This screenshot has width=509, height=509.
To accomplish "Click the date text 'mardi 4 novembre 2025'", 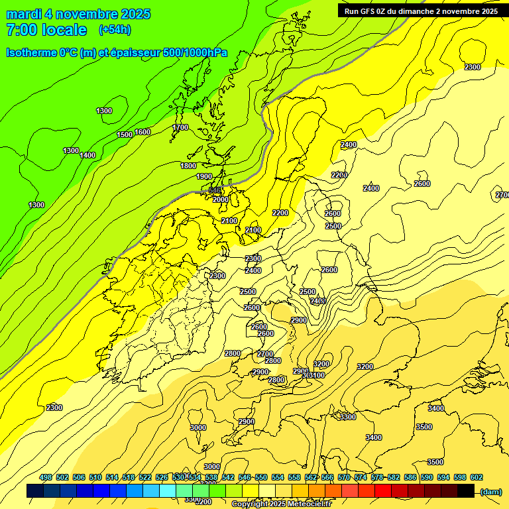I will click(x=78, y=14).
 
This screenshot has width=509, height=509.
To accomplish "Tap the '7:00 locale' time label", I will click(x=46, y=30).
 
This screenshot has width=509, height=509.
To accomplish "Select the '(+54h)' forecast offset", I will click(x=115, y=30).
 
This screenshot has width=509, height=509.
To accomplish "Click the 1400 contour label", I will click(x=87, y=155).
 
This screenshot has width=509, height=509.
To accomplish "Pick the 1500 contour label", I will click(x=125, y=135).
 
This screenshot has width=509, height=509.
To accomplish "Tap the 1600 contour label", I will click(x=142, y=132).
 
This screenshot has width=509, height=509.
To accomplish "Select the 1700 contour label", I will click(x=180, y=127).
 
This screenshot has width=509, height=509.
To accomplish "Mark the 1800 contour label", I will click(x=188, y=166).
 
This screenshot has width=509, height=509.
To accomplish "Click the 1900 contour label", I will click(x=204, y=176).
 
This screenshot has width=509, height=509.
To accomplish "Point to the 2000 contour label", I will click(x=221, y=199).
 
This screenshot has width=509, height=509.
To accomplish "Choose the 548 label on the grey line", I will click(x=214, y=190).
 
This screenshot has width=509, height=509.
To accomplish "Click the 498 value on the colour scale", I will click(x=46, y=477).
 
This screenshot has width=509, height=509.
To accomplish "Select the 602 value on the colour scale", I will click(x=477, y=477).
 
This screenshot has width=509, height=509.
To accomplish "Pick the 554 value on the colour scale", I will click(x=278, y=477).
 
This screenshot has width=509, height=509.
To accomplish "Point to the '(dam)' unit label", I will click(x=490, y=491).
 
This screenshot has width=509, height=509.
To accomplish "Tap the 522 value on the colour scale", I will click(x=145, y=477).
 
